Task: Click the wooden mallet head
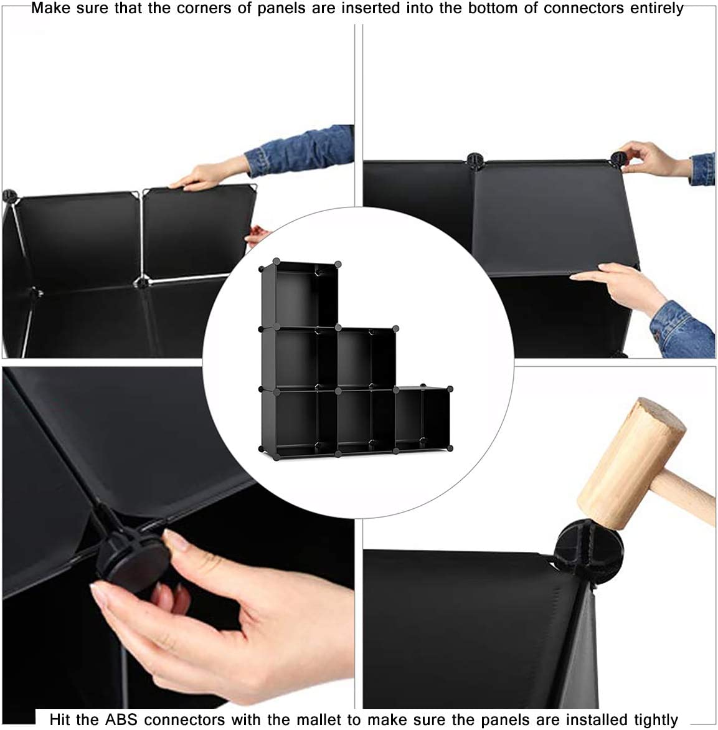click(631, 464)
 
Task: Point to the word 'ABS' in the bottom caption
click(121, 719)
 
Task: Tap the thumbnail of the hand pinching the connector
click(178, 538)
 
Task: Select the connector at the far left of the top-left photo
click(9, 196)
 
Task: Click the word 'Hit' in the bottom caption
click(60, 719)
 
